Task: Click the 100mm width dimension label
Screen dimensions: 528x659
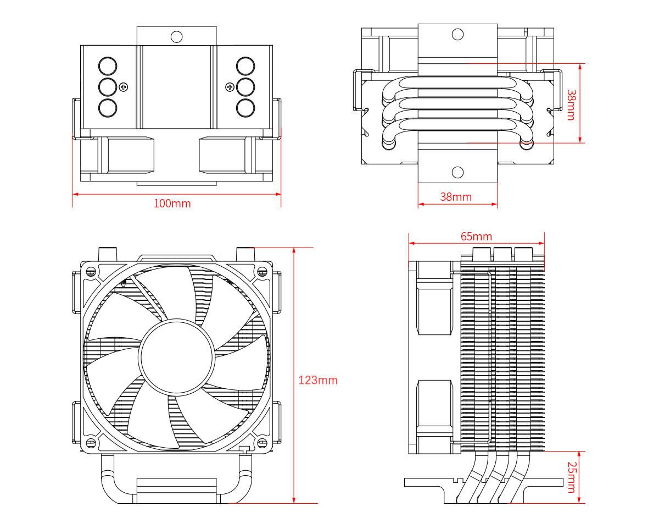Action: tap(172, 204)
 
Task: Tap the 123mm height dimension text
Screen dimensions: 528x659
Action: tap(317, 380)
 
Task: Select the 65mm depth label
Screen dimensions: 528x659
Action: tap(476, 237)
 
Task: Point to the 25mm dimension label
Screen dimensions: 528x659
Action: tap(571, 477)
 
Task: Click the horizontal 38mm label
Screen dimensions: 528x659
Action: tap(456, 196)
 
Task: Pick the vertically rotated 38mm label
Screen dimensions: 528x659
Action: tap(571, 105)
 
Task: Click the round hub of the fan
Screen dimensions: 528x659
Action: tap(177, 356)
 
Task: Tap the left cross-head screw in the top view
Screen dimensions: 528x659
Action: tap(124, 86)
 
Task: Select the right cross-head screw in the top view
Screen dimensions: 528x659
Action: tap(230, 86)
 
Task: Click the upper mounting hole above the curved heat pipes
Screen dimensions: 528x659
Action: tap(457, 34)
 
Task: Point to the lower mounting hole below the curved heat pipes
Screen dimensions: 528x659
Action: tap(457, 172)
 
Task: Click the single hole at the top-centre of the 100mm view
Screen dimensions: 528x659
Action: tap(176, 37)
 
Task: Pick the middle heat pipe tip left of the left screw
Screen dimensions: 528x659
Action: tap(108, 86)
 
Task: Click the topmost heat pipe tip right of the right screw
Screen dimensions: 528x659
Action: tap(245, 66)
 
